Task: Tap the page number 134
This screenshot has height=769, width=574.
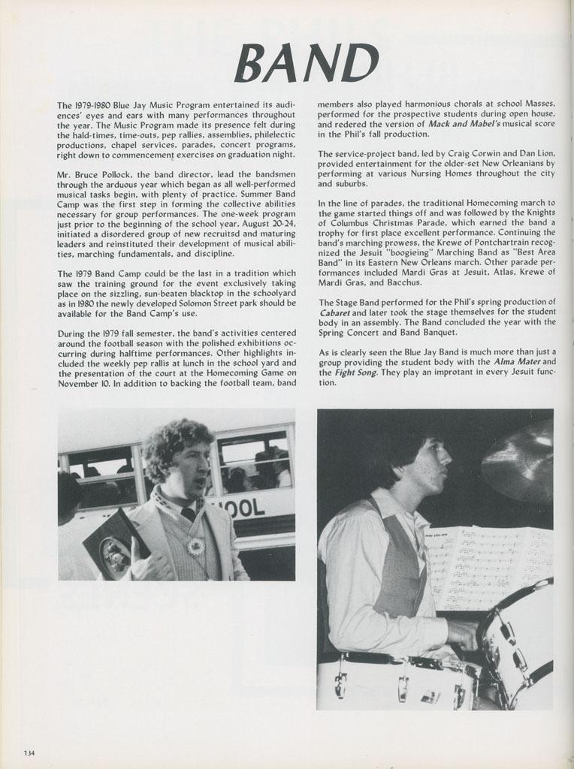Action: point(29,753)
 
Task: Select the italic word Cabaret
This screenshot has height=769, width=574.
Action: point(334,312)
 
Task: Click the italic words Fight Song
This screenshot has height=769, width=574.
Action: point(355,372)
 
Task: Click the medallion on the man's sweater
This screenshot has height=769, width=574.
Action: point(197,546)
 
